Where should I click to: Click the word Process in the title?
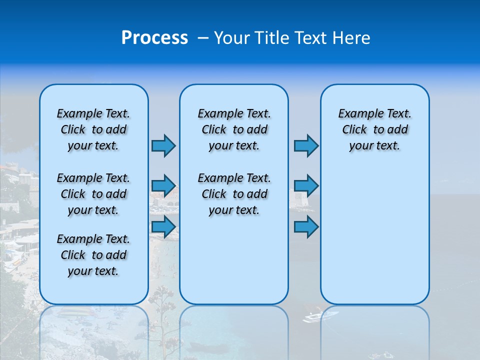pyautogui.click(x=154, y=38)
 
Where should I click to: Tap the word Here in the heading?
pyautogui.click(x=352, y=38)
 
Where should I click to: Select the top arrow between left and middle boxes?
pyautogui.click(x=163, y=145)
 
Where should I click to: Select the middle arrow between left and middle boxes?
pyautogui.click(x=163, y=186)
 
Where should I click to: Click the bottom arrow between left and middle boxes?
pyautogui.click(x=163, y=226)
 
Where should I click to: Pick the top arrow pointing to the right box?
pyautogui.click(x=306, y=145)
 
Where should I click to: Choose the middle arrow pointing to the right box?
pyautogui.click(x=306, y=186)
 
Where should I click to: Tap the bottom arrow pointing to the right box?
pyautogui.click(x=306, y=226)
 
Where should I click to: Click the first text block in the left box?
pyautogui.click(x=93, y=129)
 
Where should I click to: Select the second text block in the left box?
pyautogui.click(x=93, y=194)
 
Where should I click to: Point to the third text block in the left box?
pyautogui.click(x=93, y=255)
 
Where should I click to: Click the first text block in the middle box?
pyautogui.click(x=234, y=129)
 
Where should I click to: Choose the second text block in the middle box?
pyautogui.click(x=234, y=194)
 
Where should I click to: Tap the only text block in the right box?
pyautogui.click(x=374, y=129)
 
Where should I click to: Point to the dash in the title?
pyautogui.click(x=202, y=38)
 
